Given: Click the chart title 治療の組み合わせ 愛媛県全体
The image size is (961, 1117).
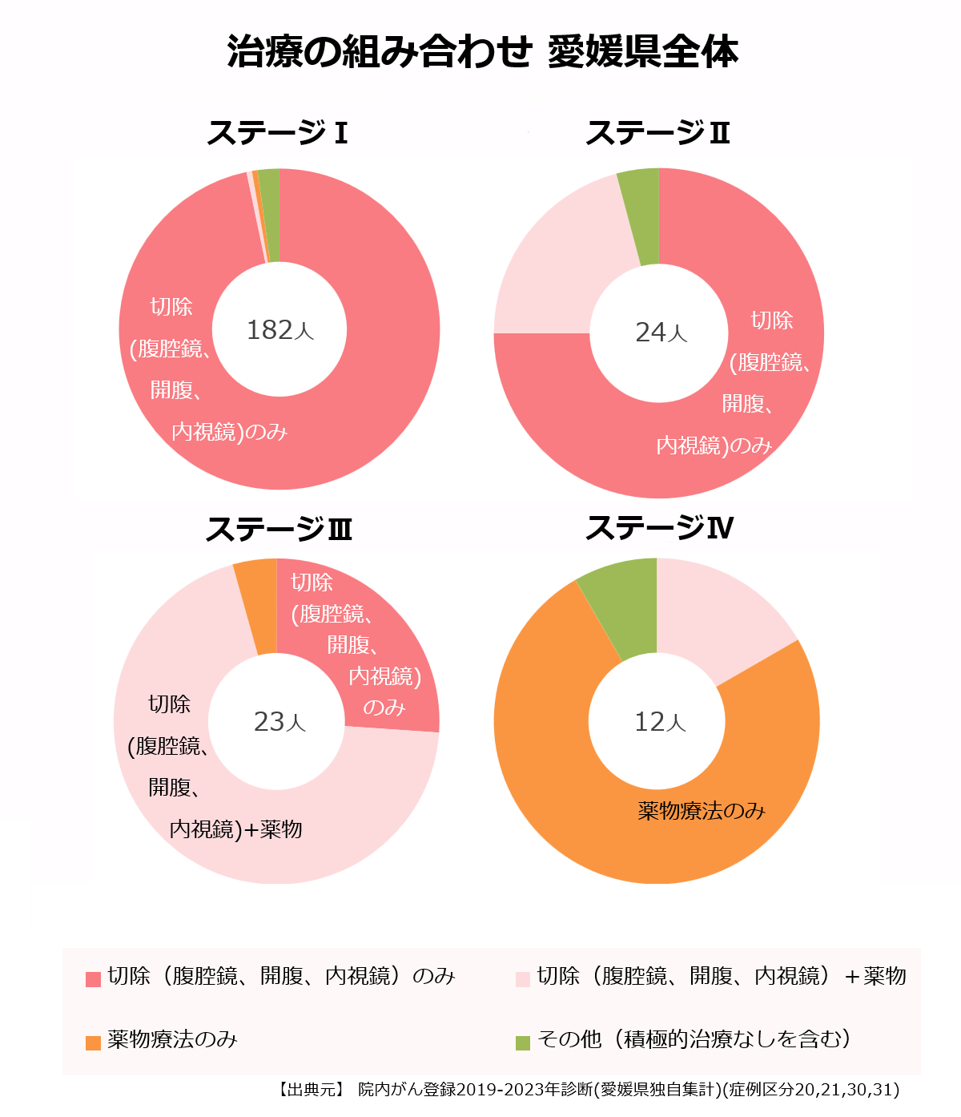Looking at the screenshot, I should point(481,51).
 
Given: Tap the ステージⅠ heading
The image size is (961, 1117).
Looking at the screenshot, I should point(277,133).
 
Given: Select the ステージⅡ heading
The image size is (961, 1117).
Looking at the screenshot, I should point(657,133).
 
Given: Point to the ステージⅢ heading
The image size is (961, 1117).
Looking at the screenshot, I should point(278,530).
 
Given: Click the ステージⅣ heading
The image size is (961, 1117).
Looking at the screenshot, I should point(659,528).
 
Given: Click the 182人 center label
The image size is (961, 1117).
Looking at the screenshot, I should point(279,330).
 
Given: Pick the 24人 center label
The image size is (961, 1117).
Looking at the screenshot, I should point(661,333).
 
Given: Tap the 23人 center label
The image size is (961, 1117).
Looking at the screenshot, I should point(279,722).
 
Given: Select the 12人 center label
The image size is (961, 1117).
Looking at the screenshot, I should point(660,722).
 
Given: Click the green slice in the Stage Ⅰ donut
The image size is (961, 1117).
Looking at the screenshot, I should point(270,215).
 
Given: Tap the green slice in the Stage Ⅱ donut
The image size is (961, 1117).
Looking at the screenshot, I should point(640,216).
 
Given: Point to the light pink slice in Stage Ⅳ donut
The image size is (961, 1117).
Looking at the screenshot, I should point(717,617).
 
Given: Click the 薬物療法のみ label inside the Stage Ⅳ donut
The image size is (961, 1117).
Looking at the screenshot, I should point(702,811).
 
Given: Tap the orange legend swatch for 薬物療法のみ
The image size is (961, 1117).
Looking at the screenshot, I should point(94,1042).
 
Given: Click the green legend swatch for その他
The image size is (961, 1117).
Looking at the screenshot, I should point(523,1042).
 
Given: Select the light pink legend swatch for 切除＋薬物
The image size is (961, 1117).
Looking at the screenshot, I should point(523,978).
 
